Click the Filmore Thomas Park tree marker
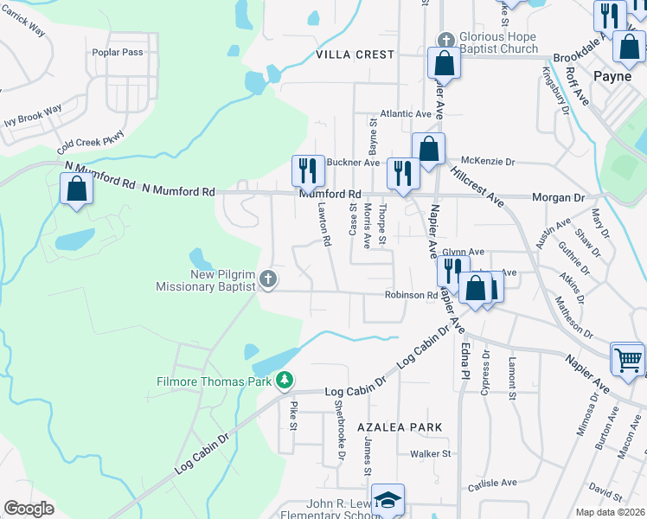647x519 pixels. click(285, 380)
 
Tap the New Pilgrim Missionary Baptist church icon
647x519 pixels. click(268, 279)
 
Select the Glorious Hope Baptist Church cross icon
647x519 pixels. click(445, 40)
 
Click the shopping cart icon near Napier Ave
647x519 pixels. click(628, 357)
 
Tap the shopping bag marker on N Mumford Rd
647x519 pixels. click(76, 188)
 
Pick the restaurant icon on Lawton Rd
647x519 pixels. click(307, 169)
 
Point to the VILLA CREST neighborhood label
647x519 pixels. click(355, 54)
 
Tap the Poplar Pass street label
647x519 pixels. click(118, 52)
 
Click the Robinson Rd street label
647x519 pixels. click(412, 295)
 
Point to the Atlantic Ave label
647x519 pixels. click(406, 114)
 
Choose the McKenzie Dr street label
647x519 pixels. click(488, 161)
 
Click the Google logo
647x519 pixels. click(29, 509)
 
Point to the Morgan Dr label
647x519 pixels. click(558, 197)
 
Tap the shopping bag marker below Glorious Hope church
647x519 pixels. click(444, 62)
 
